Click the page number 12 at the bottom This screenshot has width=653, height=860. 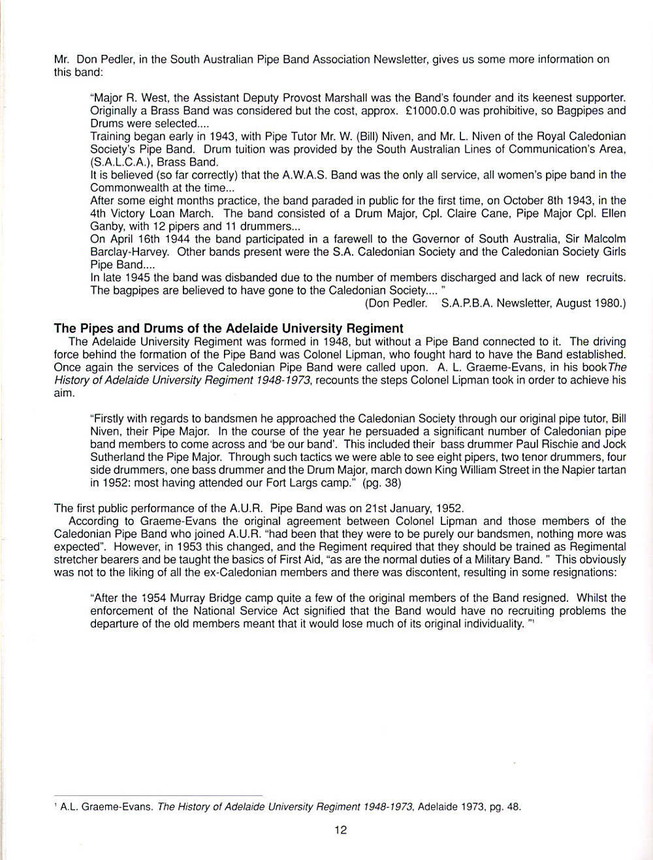(x=340, y=830)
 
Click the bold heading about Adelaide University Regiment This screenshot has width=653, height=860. (x=229, y=328)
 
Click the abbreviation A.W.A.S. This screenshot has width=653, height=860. (x=304, y=175)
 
